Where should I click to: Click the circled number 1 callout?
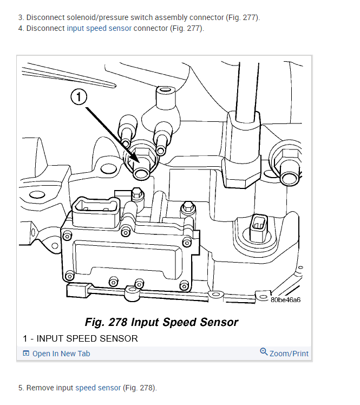click(79, 97)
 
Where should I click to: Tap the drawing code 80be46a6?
click(285, 299)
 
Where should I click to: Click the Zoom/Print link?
click(289, 354)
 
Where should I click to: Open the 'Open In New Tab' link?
click(61, 354)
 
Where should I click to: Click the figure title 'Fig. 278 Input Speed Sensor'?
click(161, 322)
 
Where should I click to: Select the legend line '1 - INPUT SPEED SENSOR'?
click(80, 338)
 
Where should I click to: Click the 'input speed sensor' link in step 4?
click(99, 28)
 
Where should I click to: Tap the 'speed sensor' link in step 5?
click(98, 388)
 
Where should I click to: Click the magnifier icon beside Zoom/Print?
click(264, 352)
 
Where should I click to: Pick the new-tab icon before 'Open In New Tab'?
click(26, 354)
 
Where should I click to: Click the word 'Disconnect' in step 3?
click(43, 17)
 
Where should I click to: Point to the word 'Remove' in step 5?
click(40, 388)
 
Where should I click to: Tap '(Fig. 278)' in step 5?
click(139, 388)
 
